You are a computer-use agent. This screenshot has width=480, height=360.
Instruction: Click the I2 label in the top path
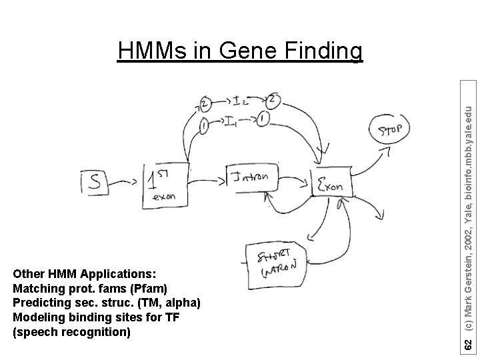point(241,101)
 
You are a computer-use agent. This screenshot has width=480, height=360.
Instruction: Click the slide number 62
point(469,345)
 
